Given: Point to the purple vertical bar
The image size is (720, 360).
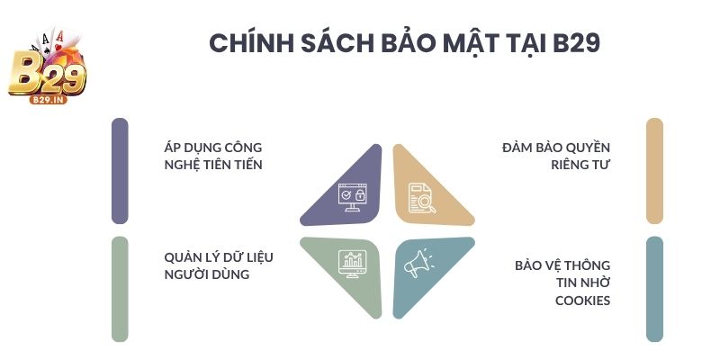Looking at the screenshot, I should pyautogui.click(x=120, y=171).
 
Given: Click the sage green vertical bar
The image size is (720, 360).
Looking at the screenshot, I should pyautogui.click(x=120, y=289).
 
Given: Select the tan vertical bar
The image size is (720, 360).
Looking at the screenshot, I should pyautogui.click(x=654, y=171).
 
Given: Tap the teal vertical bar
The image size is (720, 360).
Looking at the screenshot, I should pyautogui.click(x=654, y=289).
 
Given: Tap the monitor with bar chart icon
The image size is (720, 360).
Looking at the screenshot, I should pyautogui.click(x=350, y=263).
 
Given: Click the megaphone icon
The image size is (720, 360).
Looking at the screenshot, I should pyautogui.click(x=418, y=263).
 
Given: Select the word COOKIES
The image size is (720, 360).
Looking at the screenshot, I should pyautogui.click(x=583, y=301).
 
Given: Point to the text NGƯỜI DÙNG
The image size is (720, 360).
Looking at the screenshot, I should pyautogui.click(x=206, y=274).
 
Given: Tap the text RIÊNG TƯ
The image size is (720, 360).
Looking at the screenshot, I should pyautogui.click(x=581, y=165).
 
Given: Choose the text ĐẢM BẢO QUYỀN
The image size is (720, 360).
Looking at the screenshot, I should pyautogui.click(x=556, y=147).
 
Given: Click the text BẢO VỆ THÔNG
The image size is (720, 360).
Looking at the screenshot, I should pyautogui.click(x=562, y=265).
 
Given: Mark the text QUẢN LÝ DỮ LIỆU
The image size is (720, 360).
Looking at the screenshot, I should pyautogui.click(x=219, y=257).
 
